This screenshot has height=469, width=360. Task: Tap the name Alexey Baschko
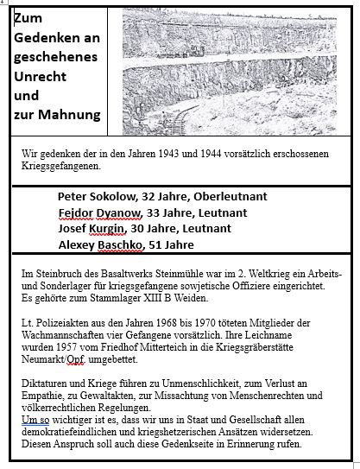coord(104,244)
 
